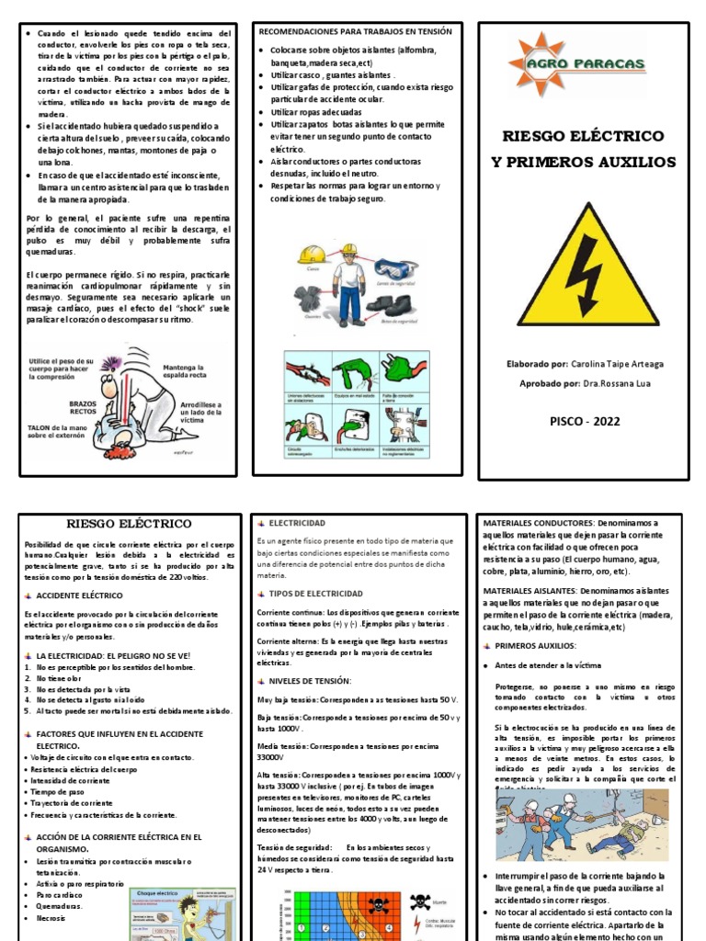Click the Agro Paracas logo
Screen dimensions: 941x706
pyautogui.click(x=577, y=65)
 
